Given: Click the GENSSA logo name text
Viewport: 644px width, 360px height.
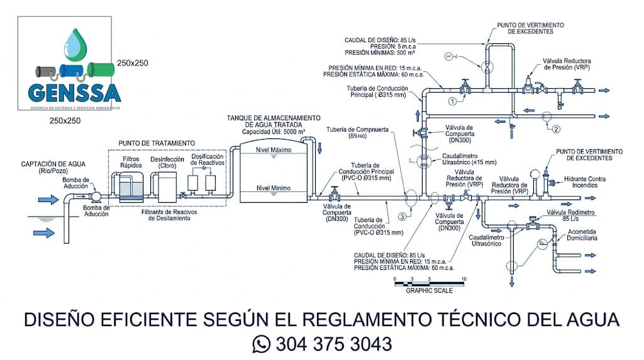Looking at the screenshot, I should (x=74, y=92).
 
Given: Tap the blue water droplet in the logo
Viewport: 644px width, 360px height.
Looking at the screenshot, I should (x=77, y=45).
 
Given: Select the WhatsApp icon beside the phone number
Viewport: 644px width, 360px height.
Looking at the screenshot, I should (x=260, y=344).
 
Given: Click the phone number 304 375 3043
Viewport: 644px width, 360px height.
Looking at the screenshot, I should (x=333, y=344).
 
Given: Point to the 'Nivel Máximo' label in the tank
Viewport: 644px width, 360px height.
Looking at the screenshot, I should (x=274, y=150).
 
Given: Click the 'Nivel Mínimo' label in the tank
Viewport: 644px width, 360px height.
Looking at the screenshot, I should (x=274, y=188).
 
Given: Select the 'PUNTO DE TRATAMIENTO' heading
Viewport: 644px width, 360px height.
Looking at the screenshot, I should (x=157, y=143).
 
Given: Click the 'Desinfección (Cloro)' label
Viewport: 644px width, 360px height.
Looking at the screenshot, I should (x=167, y=162).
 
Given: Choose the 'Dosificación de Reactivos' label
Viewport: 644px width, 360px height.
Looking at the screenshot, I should (x=208, y=159).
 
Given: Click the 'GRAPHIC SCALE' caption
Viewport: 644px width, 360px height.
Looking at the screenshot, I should (x=429, y=291).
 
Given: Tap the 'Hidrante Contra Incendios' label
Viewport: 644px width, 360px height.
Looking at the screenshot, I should (x=584, y=183).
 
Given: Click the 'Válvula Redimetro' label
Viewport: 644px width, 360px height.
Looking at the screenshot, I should (x=570, y=212).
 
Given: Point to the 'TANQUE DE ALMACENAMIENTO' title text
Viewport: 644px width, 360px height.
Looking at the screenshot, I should (x=274, y=118).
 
